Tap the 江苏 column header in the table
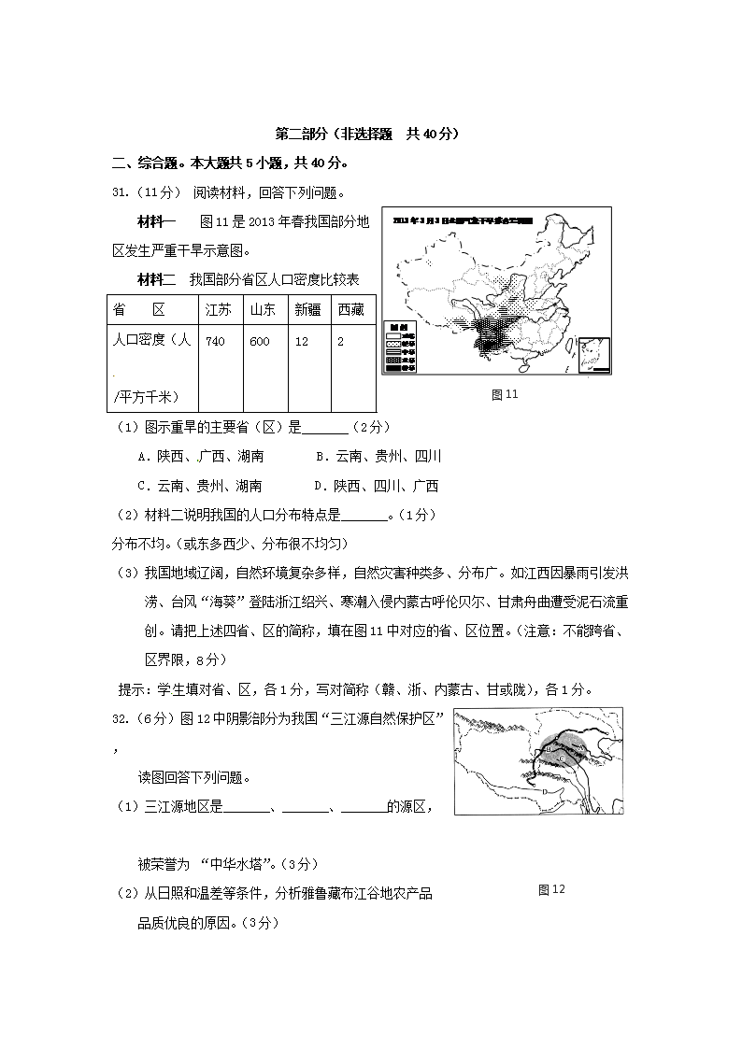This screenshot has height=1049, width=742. [216, 309]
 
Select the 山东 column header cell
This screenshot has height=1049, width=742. [261, 309]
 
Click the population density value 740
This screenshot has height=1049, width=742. [215, 342]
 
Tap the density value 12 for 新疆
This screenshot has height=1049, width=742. [301, 342]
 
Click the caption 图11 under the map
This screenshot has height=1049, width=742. [504, 394]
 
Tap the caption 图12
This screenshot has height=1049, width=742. [551, 889]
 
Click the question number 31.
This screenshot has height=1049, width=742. [119, 193]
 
